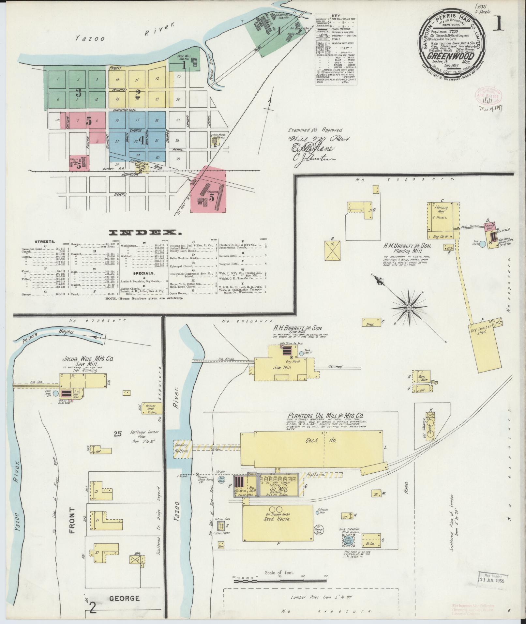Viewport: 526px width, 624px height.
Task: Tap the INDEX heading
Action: point(145,233)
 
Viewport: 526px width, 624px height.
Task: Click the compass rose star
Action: point(409,308)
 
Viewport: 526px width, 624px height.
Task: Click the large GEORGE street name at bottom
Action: point(125,598)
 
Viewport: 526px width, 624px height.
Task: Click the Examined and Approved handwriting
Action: point(315,129)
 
